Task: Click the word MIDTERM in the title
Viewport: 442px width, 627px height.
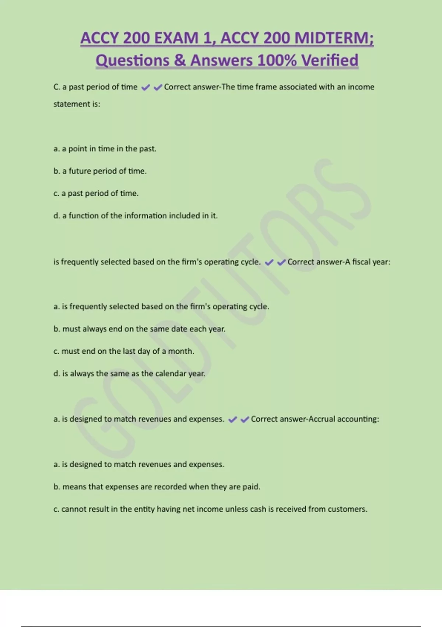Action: [334, 38]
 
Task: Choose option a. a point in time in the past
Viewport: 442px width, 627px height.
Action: [105, 149]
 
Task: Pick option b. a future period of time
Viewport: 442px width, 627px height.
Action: [100, 171]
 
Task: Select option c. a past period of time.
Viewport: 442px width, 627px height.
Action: [96, 193]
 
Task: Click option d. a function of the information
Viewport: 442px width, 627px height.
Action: [136, 216]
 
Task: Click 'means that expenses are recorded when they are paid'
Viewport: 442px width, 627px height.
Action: [157, 487]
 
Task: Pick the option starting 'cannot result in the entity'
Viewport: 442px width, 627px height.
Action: [210, 509]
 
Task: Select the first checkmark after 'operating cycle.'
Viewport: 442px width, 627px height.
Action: [269, 262]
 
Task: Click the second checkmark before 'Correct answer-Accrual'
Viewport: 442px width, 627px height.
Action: [245, 419]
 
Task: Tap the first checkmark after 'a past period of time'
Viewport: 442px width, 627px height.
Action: [145, 87]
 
